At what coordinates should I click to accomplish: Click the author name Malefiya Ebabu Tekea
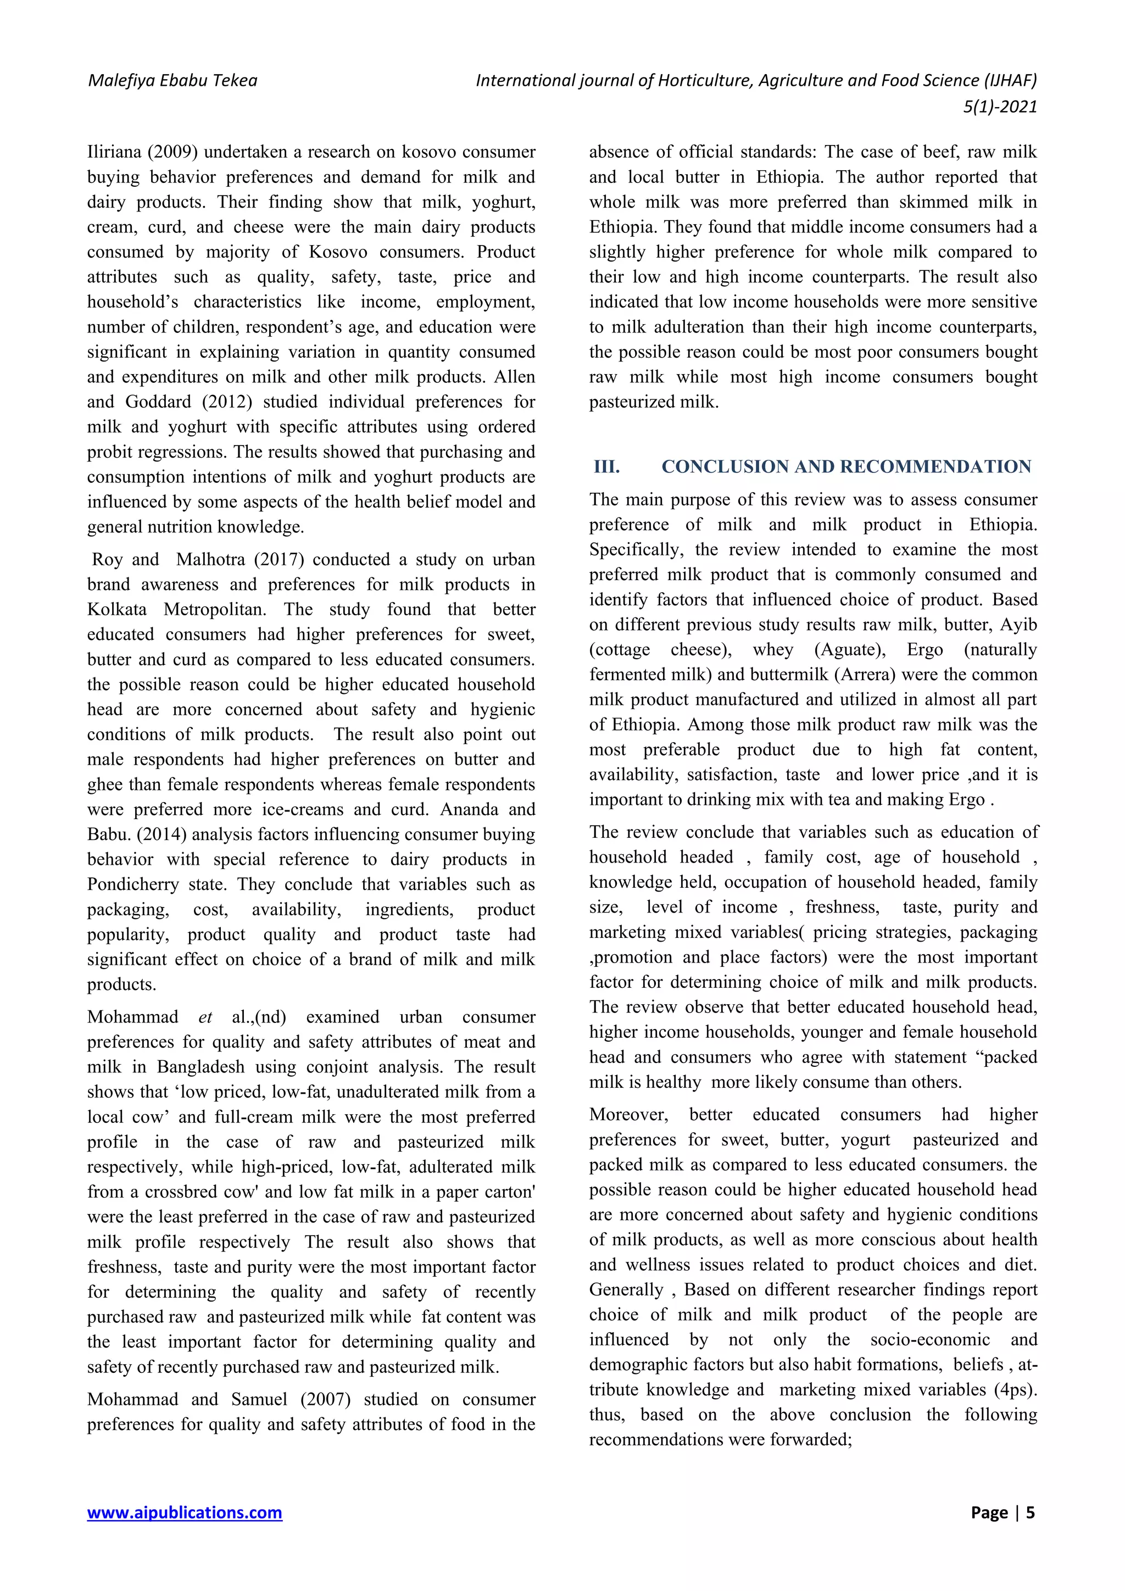172,81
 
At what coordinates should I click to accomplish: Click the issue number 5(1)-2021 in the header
1000,107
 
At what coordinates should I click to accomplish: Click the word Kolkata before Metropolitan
117,609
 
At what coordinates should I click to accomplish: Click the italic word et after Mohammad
205,1017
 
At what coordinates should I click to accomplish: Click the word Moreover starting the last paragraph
628,1114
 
